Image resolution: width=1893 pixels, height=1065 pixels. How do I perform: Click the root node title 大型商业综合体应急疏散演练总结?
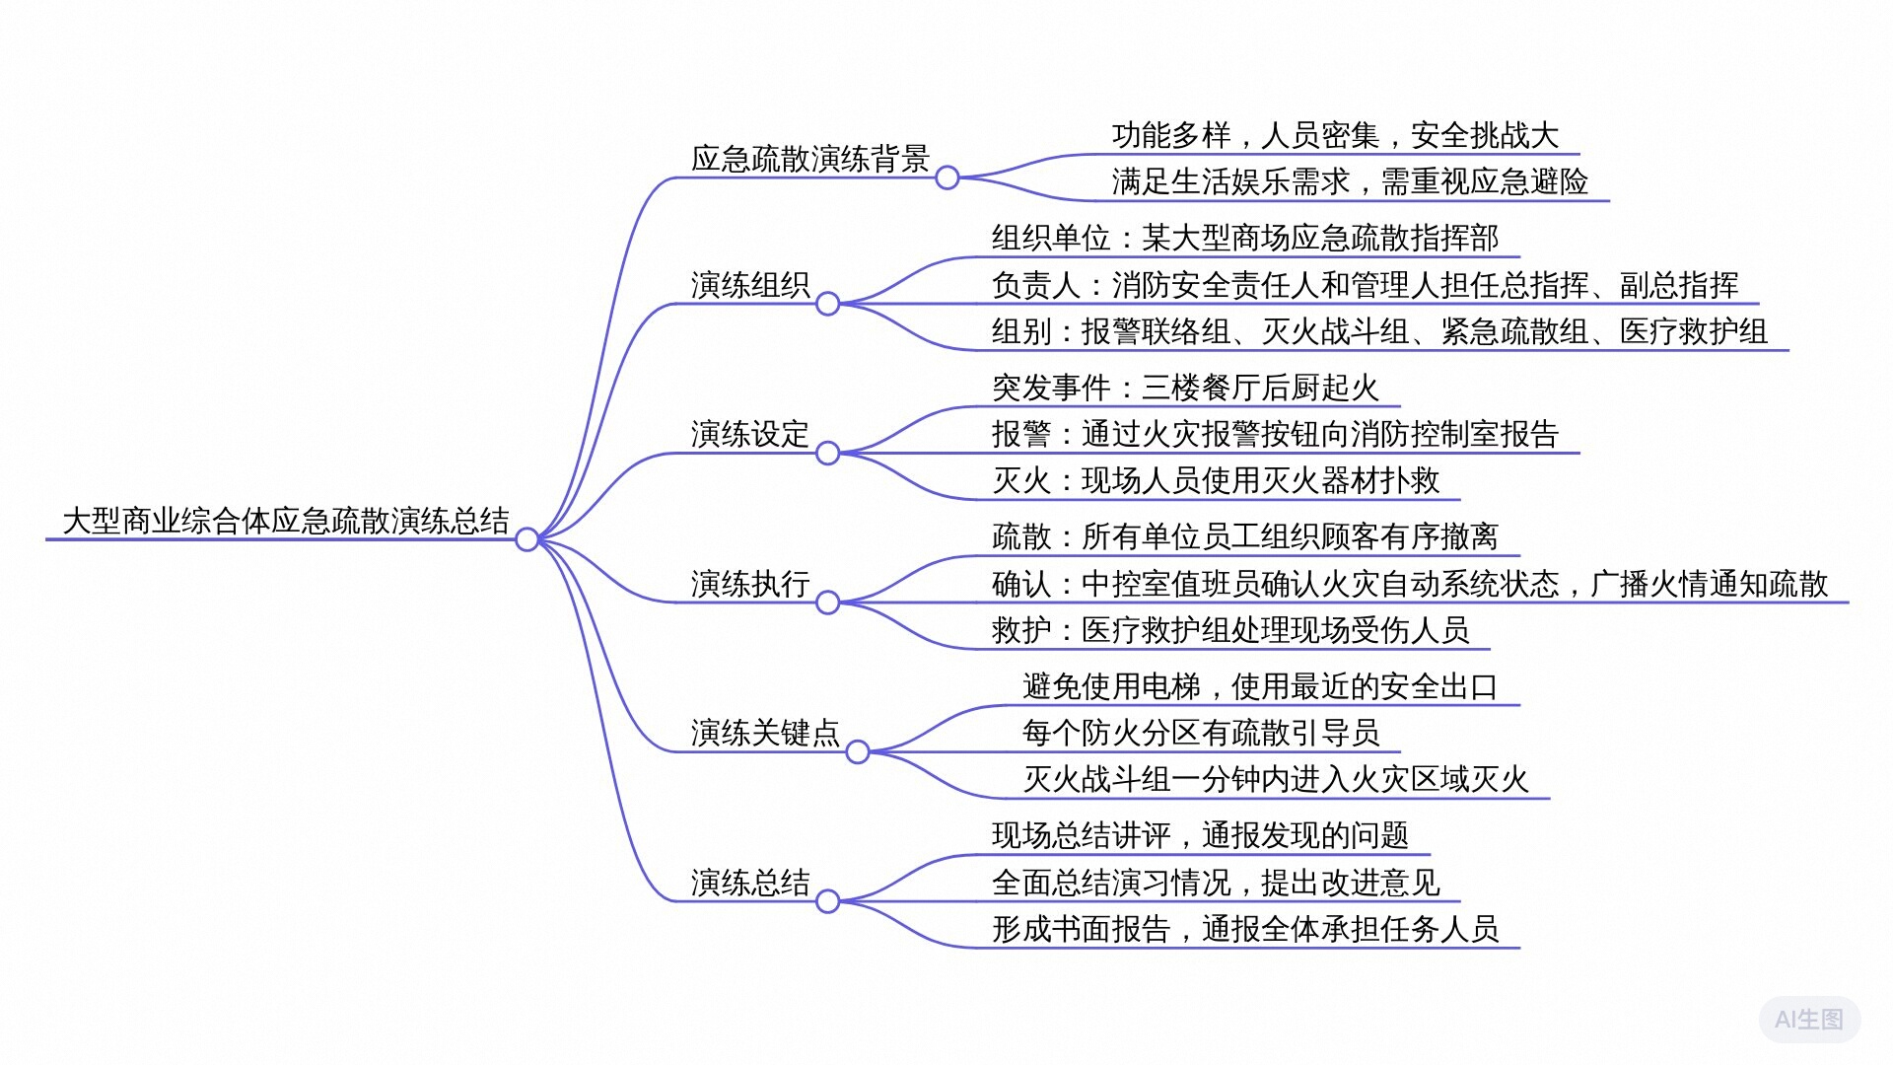point(286,520)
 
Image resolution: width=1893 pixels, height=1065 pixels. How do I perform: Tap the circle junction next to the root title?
point(527,539)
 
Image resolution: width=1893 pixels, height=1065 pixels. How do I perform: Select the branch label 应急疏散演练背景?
point(810,158)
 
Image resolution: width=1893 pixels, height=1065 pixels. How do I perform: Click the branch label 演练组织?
point(750,285)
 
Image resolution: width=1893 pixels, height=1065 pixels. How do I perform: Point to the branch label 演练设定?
point(750,434)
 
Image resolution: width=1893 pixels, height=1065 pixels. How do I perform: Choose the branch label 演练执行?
point(750,584)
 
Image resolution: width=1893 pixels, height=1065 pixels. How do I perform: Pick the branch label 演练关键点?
point(765,733)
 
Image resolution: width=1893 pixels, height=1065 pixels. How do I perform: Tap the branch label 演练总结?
point(750,883)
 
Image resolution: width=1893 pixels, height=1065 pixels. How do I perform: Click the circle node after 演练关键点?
point(858,752)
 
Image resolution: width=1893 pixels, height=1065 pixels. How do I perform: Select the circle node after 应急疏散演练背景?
point(947,177)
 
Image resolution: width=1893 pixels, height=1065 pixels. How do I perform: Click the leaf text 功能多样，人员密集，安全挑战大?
point(1336,135)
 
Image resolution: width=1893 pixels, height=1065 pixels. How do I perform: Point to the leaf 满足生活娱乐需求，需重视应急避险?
point(1351,181)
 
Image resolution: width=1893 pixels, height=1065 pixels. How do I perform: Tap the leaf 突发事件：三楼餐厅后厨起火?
point(1186,388)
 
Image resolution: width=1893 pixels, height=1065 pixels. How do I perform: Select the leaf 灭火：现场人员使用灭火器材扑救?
point(1216,480)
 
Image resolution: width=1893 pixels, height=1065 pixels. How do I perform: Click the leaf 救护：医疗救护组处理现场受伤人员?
point(1230,630)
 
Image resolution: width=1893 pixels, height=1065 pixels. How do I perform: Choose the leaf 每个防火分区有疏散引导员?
point(1201,733)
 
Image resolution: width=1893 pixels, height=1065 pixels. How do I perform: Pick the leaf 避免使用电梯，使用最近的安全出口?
point(1261,686)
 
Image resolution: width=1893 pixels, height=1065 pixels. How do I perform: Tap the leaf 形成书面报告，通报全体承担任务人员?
point(1245,929)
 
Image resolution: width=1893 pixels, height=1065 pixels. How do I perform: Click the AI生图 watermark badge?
point(1809,1020)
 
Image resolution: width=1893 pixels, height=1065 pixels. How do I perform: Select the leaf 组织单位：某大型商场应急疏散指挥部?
point(1245,238)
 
